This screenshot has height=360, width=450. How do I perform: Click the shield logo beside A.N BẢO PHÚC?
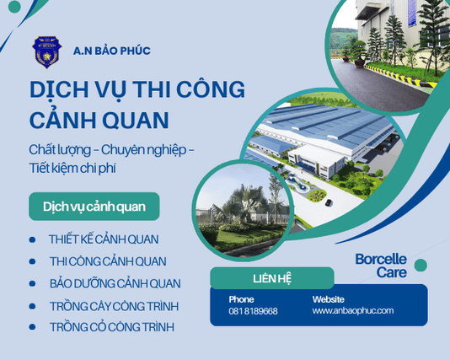coord(47,51)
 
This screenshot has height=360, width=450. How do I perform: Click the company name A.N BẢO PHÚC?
coord(111,51)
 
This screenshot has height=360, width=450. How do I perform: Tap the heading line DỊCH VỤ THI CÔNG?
coord(137,89)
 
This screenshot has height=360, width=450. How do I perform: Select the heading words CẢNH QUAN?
coord(99,120)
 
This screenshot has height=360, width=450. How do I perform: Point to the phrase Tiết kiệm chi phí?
coord(72,167)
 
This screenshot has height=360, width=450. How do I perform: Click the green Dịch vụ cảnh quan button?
coord(94,207)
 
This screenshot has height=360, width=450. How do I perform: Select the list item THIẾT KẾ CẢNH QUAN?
coord(104,239)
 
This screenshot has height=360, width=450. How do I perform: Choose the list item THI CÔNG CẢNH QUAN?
coord(108,261)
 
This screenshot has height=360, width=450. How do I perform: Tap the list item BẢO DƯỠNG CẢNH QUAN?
coord(115,283)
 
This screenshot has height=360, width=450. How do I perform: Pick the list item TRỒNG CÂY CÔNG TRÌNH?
coord(114,305)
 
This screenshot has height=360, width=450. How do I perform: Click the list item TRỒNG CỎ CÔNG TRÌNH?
coord(112,327)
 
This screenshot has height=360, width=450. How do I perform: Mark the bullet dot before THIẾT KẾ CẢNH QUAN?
coord(32,240)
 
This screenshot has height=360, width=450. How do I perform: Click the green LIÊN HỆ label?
coord(271,278)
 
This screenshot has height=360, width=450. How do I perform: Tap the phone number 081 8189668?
coord(253,311)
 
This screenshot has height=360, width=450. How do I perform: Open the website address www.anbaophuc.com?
coord(352,310)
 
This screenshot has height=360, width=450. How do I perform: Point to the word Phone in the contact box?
coord(241,298)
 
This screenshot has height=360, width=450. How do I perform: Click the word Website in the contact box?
coord(328,298)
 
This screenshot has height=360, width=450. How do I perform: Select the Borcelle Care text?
coord(381,266)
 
